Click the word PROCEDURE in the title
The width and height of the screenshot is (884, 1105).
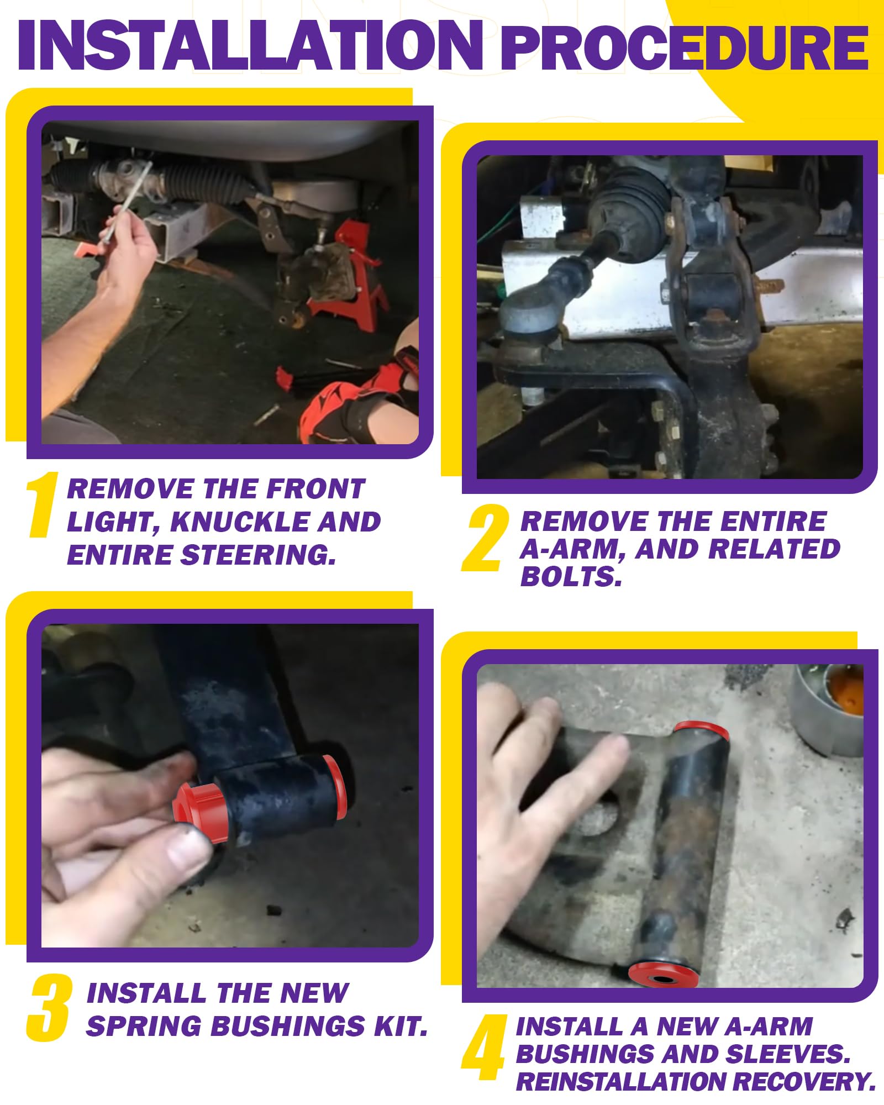pyautogui.click(x=685, y=49)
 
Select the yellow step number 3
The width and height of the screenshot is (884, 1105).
pyautogui.click(x=49, y=1008)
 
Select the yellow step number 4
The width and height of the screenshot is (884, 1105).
pyautogui.click(x=483, y=1047)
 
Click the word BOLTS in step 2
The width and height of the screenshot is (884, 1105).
pyautogui.click(x=571, y=577)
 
